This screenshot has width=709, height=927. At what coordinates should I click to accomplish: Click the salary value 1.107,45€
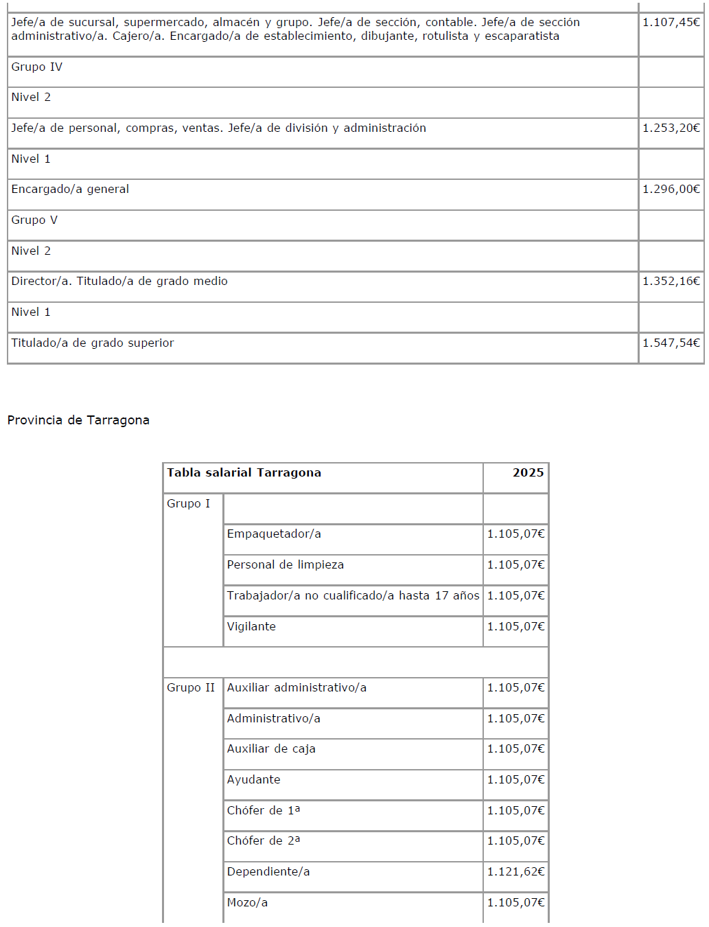(x=671, y=23)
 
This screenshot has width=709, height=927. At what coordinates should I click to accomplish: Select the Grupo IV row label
(x=37, y=67)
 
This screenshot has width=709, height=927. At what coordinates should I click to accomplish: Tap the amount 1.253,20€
(x=671, y=128)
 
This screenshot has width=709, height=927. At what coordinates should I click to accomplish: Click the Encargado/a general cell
(x=70, y=190)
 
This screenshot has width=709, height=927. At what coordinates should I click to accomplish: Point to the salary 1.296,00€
(x=671, y=190)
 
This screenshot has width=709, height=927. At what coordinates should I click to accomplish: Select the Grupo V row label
(x=34, y=220)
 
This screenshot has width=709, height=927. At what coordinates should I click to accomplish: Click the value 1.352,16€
(x=671, y=282)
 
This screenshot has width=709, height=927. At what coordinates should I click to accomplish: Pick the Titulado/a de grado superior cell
(x=93, y=343)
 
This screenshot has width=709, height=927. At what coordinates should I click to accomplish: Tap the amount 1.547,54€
(x=671, y=343)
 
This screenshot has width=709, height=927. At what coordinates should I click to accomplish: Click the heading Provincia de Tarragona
(x=78, y=420)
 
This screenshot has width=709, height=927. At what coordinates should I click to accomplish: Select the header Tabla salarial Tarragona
(x=244, y=473)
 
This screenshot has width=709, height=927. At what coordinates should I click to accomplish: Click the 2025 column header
(x=528, y=473)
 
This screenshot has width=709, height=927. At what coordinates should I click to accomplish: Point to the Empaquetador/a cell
(x=274, y=534)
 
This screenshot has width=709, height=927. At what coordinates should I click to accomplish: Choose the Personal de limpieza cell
(x=286, y=565)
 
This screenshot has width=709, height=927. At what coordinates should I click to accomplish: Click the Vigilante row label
(x=251, y=627)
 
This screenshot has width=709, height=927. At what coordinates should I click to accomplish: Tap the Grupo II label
(x=191, y=688)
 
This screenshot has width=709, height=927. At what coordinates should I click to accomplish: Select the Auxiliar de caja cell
(x=271, y=749)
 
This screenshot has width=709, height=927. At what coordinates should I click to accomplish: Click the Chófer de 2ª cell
(x=264, y=841)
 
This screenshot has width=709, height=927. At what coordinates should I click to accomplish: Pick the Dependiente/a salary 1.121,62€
(x=515, y=872)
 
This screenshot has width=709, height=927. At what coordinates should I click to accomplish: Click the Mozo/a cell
(x=247, y=903)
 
